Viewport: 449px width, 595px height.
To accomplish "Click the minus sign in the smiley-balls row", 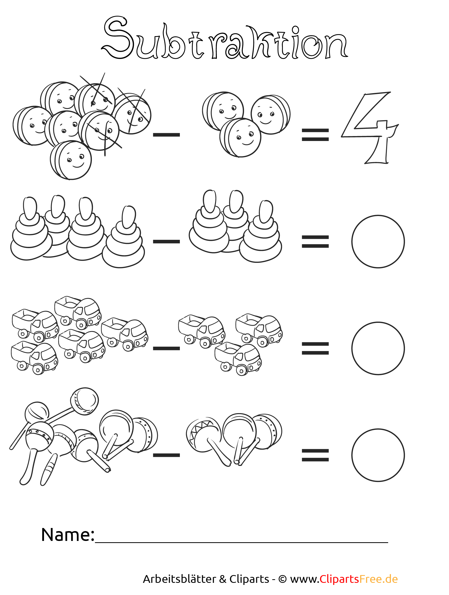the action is click(x=166, y=135).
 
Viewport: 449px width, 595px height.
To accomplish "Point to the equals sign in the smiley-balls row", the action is click(x=315, y=135).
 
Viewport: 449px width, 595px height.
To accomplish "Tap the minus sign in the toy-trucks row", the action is click(x=166, y=349).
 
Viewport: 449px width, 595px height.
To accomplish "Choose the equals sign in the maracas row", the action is click(x=315, y=455).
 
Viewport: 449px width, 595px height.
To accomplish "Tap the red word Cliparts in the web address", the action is click(x=339, y=579).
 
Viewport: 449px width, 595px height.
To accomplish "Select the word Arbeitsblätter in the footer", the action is click(x=179, y=579).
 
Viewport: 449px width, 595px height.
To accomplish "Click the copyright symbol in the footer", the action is click(x=283, y=579).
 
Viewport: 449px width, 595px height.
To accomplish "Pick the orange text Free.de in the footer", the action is click(x=379, y=579).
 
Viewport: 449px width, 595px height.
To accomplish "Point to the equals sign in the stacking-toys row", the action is click(x=315, y=242).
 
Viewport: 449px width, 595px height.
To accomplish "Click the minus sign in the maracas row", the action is click(x=166, y=455).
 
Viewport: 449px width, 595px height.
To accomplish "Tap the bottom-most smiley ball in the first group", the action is click(x=71, y=160).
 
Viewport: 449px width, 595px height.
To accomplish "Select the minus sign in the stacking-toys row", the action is click(x=166, y=242).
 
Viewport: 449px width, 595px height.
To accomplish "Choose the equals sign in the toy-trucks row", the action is click(x=315, y=348).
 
